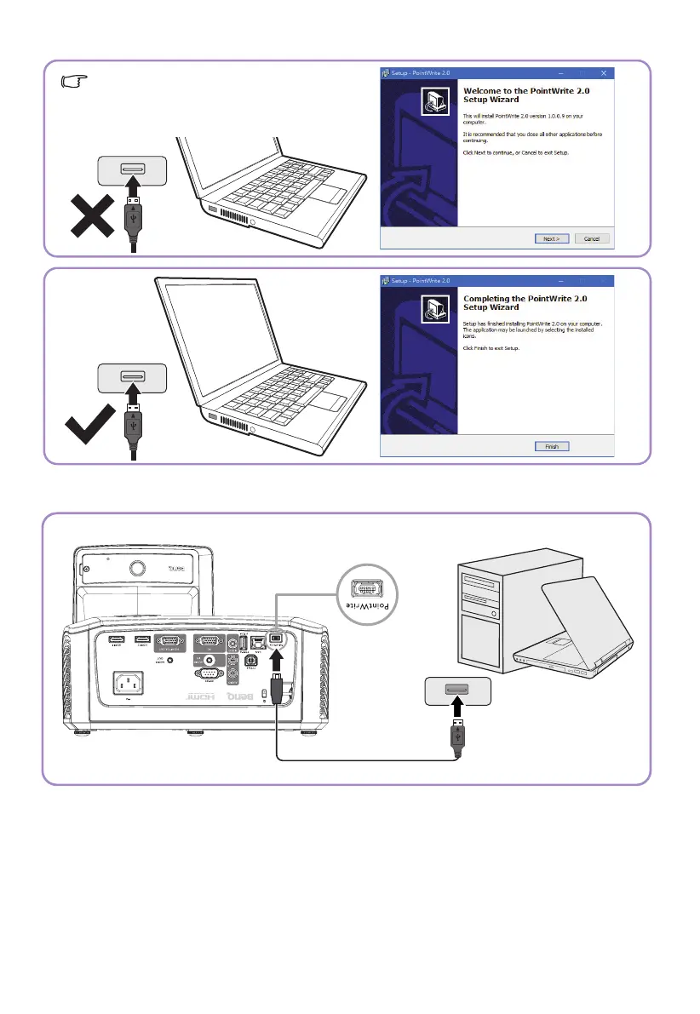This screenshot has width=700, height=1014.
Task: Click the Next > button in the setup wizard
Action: tap(551, 238)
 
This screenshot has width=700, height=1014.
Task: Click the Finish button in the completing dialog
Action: tap(551, 446)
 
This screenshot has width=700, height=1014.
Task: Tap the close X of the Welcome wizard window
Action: tap(604, 72)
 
